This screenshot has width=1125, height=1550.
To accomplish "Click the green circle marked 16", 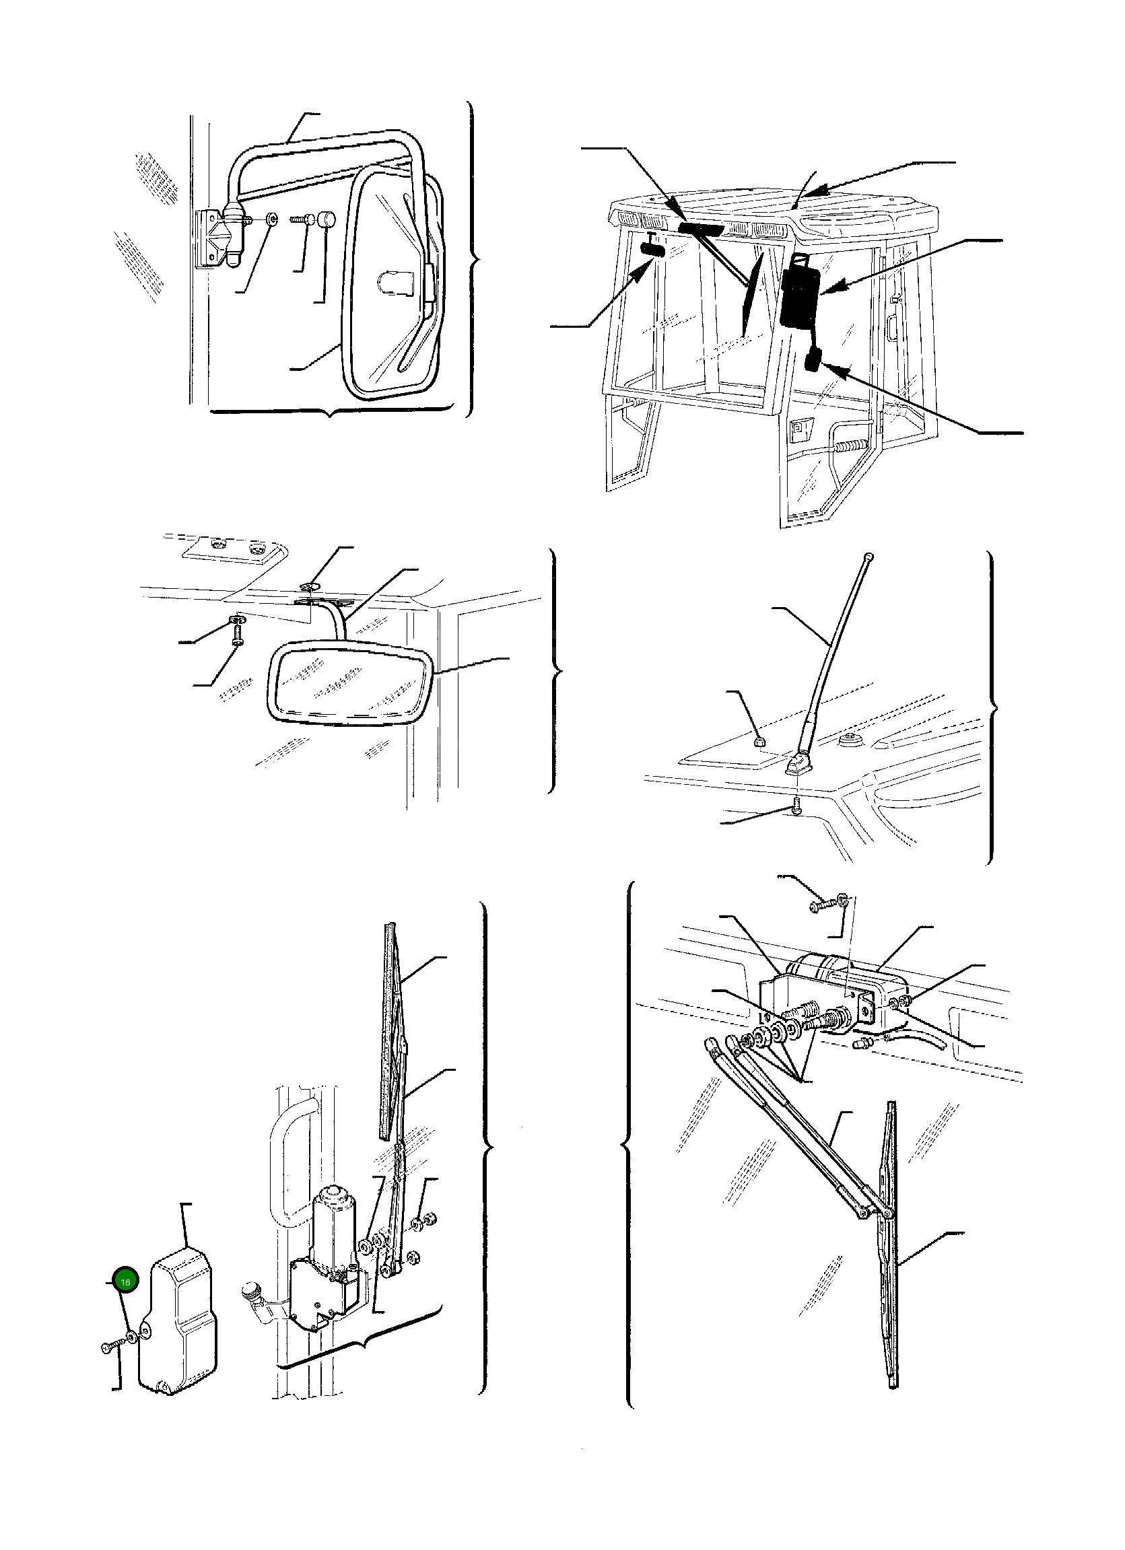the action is pos(126,1282).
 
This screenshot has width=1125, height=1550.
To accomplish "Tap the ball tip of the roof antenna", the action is pos(868,557).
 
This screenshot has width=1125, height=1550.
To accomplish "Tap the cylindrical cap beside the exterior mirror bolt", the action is pos(327,220).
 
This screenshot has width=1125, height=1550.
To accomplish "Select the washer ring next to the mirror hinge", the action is pos(273,219).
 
